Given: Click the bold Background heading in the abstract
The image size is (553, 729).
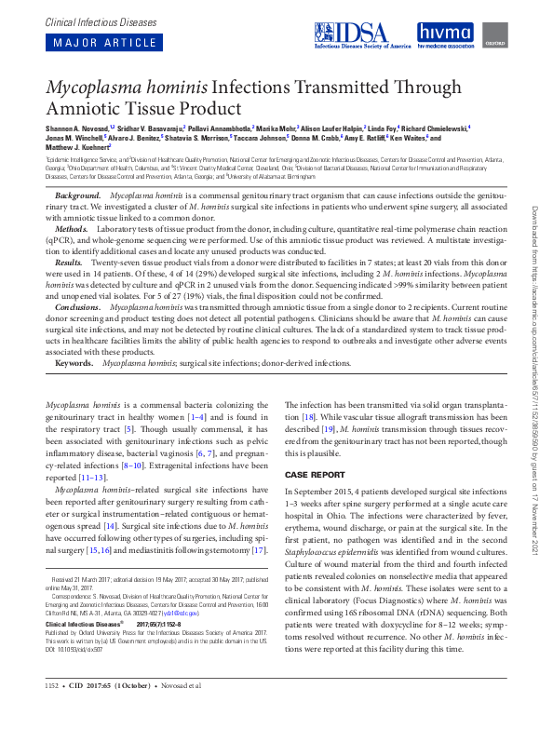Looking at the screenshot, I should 77,196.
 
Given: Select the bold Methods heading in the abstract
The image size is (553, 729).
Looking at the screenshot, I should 72,228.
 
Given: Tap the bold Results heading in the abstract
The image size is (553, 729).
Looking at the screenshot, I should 70,263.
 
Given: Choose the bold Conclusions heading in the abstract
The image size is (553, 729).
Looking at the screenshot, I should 78,306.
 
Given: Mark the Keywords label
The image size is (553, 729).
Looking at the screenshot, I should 74,363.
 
